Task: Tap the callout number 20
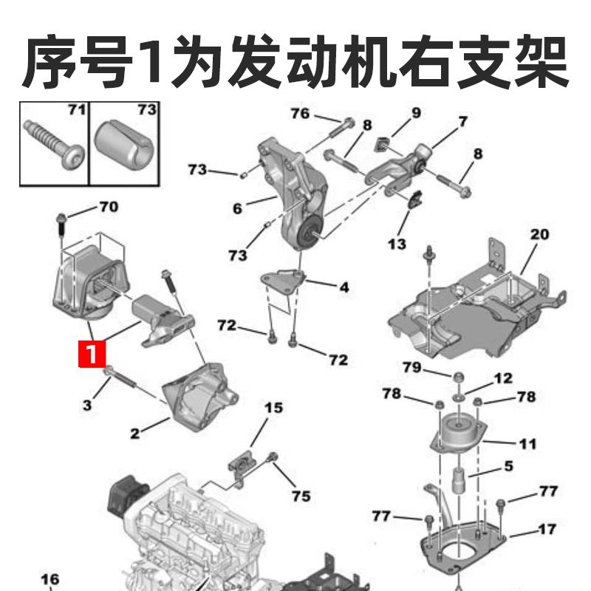(540, 235)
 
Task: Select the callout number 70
(108, 207)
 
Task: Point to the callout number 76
(300, 114)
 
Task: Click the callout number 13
(397, 242)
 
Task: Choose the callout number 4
(344, 287)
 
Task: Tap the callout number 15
(274, 407)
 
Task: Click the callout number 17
(547, 529)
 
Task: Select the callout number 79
(411, 367)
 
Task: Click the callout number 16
(49, 579)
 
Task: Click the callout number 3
(87, 405)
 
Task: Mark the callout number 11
(527, 444)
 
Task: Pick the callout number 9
(416, 112)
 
